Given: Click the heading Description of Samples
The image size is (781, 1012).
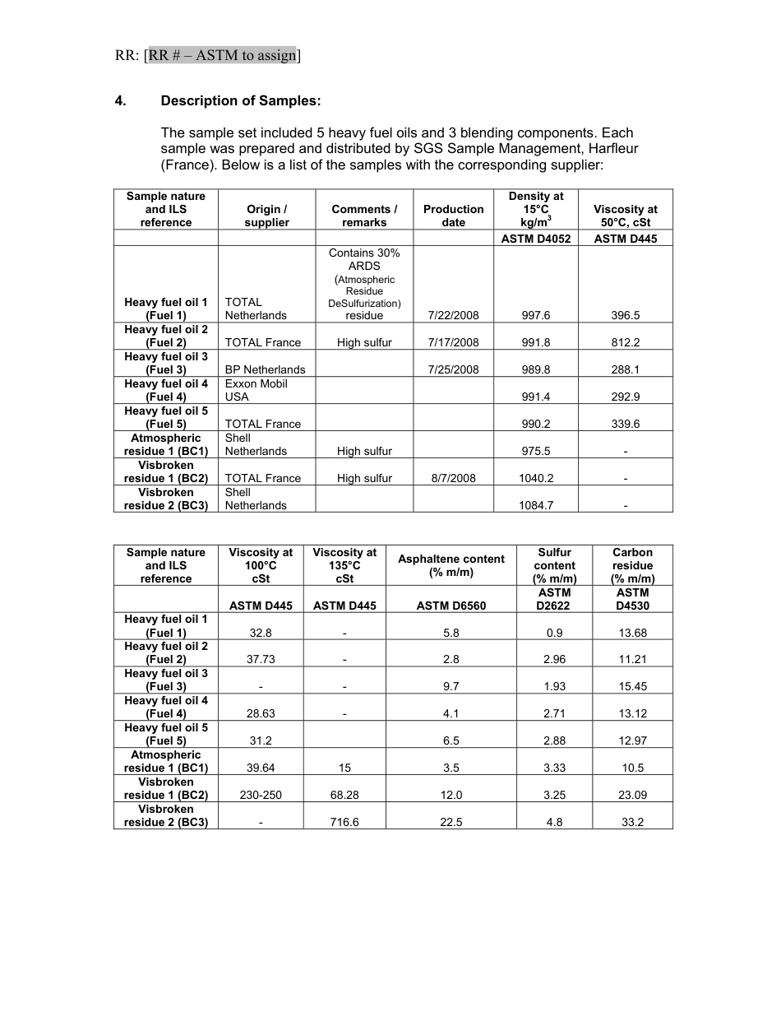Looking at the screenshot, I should [241, 101].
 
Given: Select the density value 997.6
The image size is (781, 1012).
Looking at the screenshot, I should [536, 315].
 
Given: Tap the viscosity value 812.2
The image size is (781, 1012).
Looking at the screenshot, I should [625, 342].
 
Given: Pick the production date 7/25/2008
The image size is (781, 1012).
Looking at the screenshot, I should [454, 369].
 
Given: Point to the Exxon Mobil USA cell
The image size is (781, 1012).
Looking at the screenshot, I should [256, 390].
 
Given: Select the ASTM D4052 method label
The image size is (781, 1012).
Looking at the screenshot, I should [536, 239].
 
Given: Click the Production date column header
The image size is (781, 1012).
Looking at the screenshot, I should [454, 216].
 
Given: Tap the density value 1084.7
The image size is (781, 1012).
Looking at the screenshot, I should [536, 505].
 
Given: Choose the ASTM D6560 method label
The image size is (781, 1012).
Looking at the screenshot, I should [451, 606].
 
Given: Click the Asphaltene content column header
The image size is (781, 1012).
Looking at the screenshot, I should [451, 565].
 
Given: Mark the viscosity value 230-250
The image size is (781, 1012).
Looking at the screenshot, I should [261, 795].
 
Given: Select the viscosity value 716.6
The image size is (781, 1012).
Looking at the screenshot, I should [344, 822].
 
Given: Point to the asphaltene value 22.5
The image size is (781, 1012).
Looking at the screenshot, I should [451, 822].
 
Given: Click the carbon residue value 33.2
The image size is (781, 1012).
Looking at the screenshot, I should [632, 822].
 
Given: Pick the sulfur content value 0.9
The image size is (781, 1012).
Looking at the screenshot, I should [554, 633].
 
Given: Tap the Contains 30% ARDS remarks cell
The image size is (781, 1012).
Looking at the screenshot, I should [364, 284].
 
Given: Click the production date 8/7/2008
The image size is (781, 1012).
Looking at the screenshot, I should [454, 478].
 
